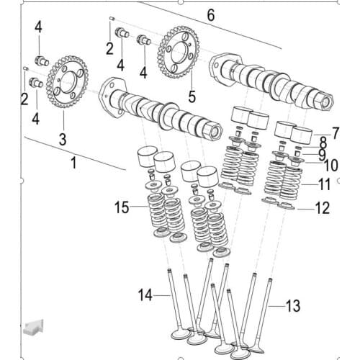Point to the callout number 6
pyautogui.click(x=210, y=15)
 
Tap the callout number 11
pyautogui.click(x=324, y=184)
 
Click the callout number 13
pyautogui.click(x=292, y=307)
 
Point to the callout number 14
pyautogui.click(x=145, y=294)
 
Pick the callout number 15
pyautogui.click(x=120, y=209)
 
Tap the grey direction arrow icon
pyautogui.click(x=32, y=328)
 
